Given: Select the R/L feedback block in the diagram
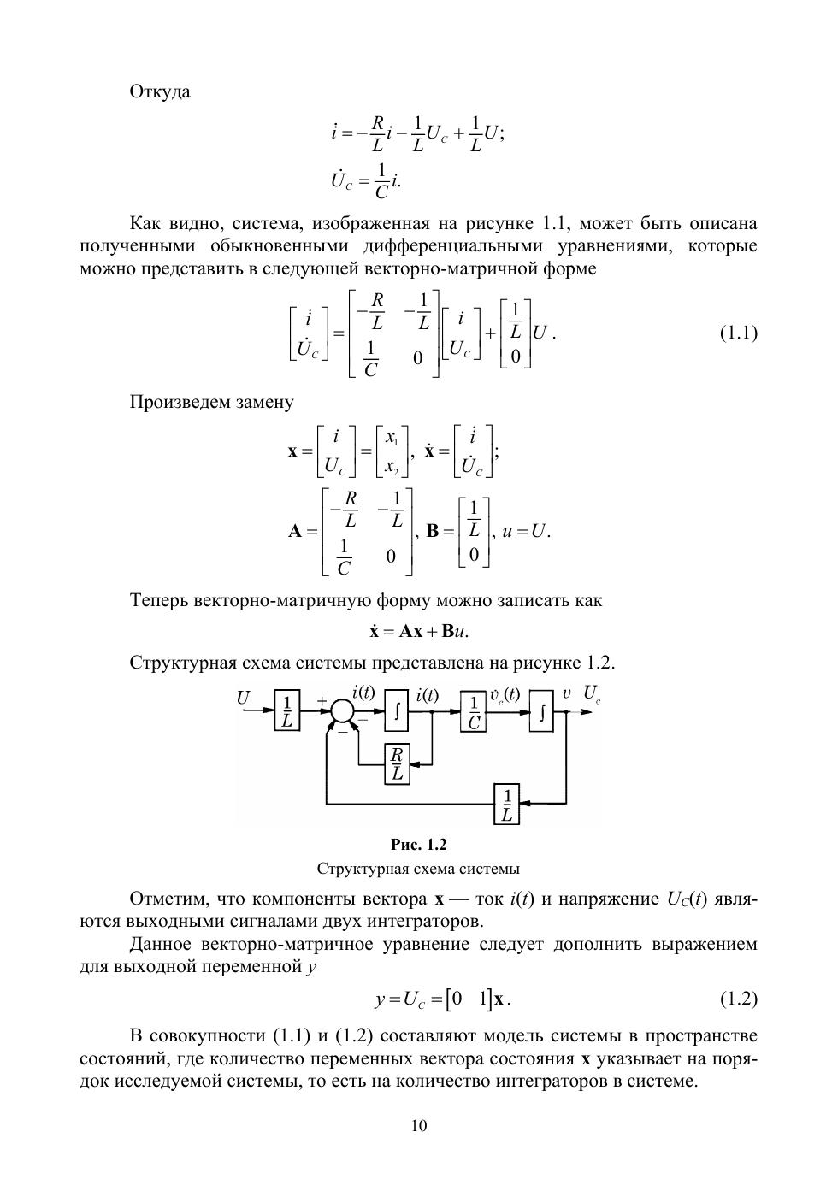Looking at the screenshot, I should [397, 763].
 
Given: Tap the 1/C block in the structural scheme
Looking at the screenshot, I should [473, 711].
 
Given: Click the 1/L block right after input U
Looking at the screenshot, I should [287, 711].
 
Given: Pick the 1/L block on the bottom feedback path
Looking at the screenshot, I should [507, 804].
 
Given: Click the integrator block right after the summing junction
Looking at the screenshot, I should [396, 711].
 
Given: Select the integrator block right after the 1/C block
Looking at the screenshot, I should [540, 711].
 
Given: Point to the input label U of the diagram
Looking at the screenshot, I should [244, 699].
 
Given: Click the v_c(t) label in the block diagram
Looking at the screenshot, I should [505, 694].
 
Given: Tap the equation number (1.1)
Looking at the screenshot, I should [738, 333].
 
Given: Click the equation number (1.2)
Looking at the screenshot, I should [738, 998].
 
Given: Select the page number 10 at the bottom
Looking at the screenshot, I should [419, 1125].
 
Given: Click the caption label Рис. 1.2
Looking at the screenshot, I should [419, 845].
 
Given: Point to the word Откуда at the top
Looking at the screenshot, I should [160, 91].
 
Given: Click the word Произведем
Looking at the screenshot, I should [180, 402].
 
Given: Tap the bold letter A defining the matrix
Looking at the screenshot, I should [296, 531].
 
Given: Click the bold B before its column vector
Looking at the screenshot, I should [433, 531].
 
